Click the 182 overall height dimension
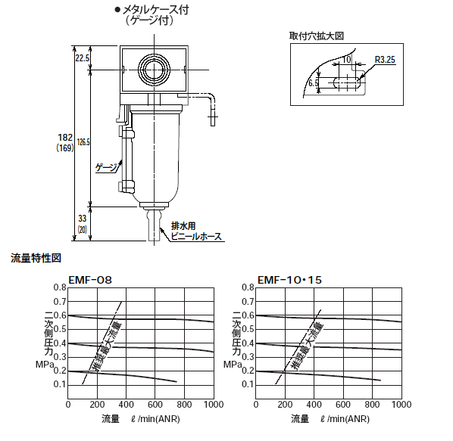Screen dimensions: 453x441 [65, 137]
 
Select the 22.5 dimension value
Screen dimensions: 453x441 [83, 58]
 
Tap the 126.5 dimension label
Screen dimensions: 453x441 [83, 142]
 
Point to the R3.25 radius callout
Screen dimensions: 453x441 [385, 60]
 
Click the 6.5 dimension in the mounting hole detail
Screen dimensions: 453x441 [313, 83]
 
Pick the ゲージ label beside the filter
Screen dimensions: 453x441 [107, 168]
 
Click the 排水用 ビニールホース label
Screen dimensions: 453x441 [196, 231]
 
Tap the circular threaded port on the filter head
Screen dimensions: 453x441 [154, 70]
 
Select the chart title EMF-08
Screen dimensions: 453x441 [90, 280]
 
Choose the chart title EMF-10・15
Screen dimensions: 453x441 [289, 280]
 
